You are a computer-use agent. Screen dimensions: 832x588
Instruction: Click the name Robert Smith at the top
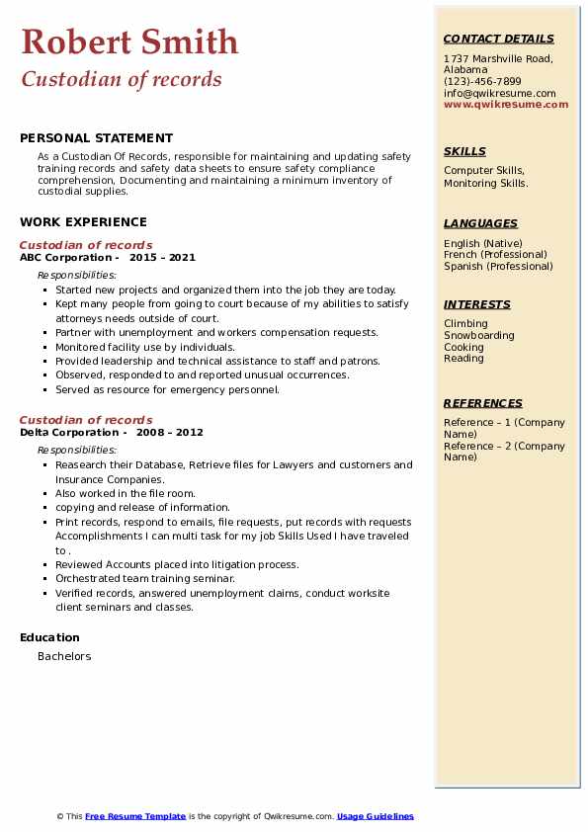tap(129, 42)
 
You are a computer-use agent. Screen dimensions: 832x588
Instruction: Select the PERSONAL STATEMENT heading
tap(96, 138)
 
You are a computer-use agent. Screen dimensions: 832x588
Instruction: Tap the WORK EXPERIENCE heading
tap(83, 222)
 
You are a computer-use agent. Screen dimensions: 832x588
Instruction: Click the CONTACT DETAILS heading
tap(498, 40)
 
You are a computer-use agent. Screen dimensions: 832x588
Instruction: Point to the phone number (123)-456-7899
tap(482, 82)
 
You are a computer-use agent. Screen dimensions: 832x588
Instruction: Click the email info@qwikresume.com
tap(499, 94)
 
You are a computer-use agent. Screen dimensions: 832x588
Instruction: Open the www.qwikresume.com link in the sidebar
tap(506, 105)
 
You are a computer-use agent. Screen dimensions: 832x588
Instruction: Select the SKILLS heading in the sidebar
tap(464, 152)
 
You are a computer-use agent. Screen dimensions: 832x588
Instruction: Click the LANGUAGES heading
tap(480, 224)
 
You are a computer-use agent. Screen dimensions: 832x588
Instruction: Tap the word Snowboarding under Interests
tap(478, 336)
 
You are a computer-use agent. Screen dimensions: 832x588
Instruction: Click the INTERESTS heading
tap(477, 305)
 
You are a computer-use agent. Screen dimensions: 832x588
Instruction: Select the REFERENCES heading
tap(483, 404)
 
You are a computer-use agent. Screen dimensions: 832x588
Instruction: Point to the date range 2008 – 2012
tap(171, 433)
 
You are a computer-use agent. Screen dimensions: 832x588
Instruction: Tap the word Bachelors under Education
tap(64, 656)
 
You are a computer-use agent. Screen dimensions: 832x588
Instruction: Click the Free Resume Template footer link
tap(135, 817)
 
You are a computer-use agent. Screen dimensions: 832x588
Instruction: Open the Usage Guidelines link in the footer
tap(376, 817)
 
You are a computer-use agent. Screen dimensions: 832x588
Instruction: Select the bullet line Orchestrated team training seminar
tap(145, 579)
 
